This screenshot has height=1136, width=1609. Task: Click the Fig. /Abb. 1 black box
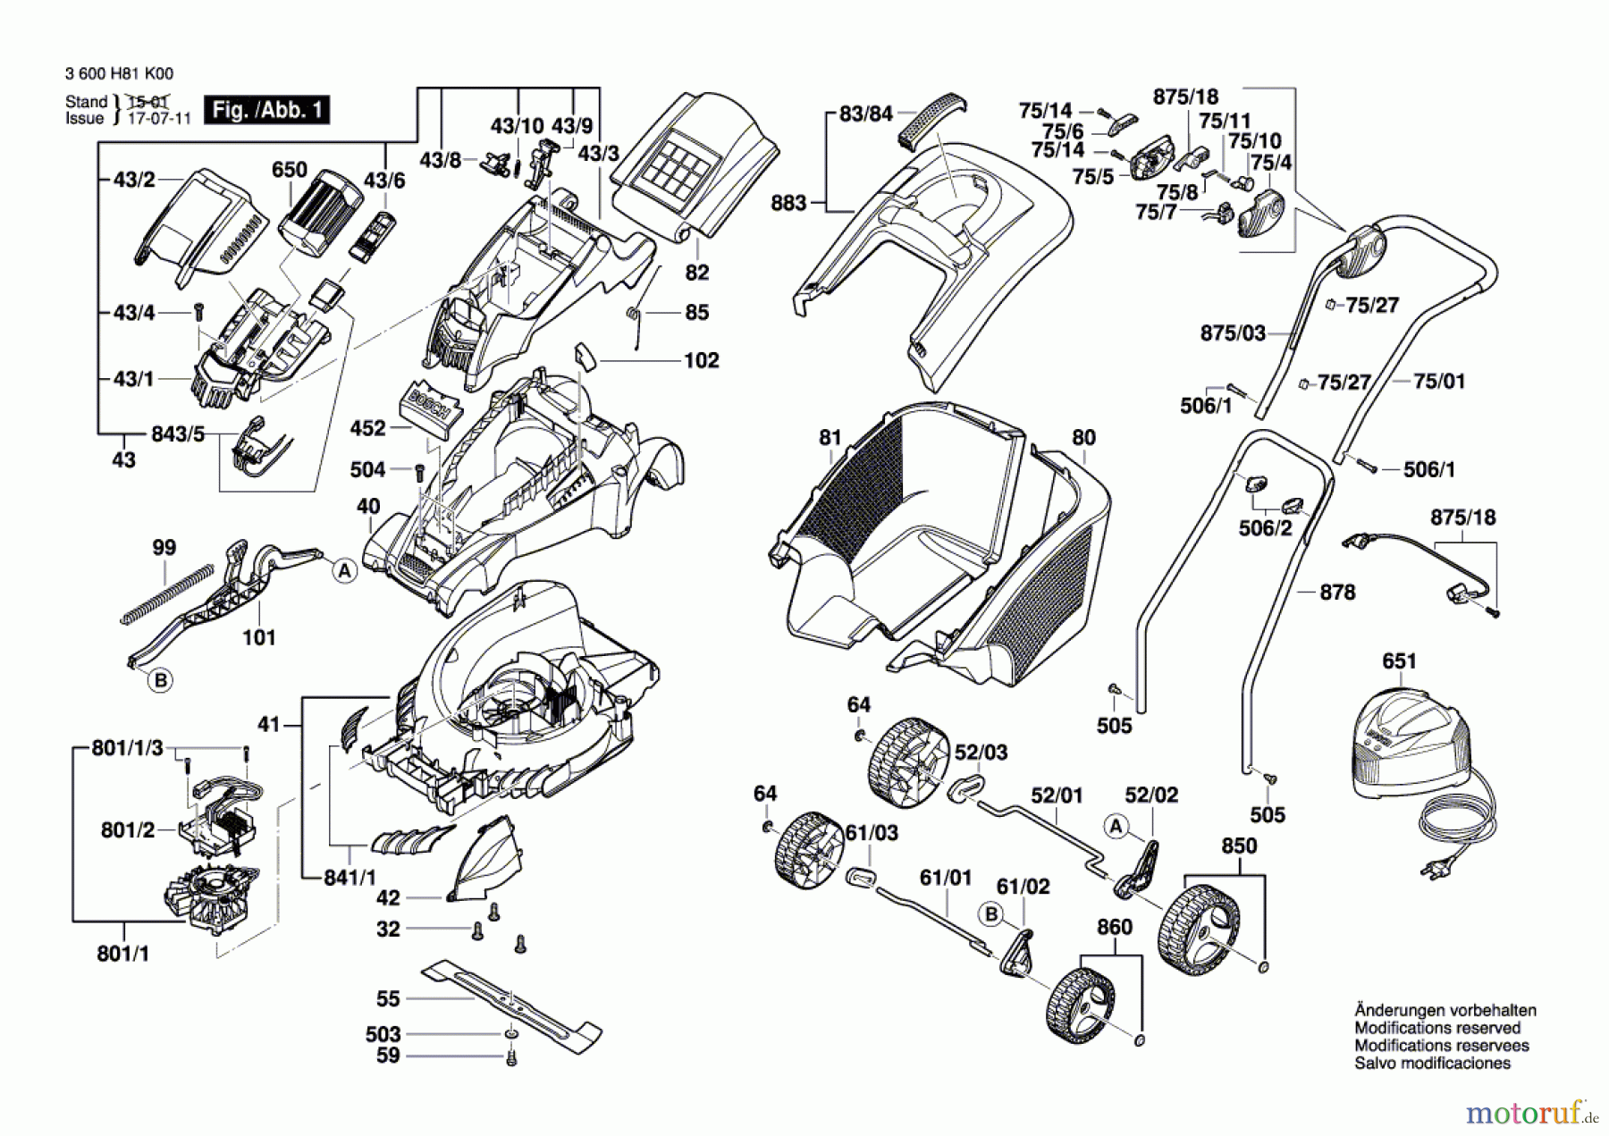pyautogui.click(x=266, y=110)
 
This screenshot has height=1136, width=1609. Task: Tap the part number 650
pyautogui.click(x=290, y=170)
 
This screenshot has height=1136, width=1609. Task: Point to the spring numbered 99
pyautogui.click(x=168, y=593)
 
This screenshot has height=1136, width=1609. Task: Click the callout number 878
pyautogui.click(x=1337, y=592)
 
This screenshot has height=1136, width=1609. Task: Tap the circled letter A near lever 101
pyautogui.click(x=345, y=570)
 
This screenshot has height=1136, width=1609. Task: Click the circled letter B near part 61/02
pyautogui.click(x=990, y=914)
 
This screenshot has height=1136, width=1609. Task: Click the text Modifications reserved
pyautogui.click(x=1436, y=1028)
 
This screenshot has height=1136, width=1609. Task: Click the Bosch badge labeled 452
pyautogui.click(x=432, y=409)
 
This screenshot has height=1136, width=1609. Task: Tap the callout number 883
pyautogui.click(x=788, y=203)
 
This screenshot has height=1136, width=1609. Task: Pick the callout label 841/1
pyautogui.click(x=350, y=878)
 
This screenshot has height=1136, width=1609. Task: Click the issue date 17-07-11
pyautogui.click(x=159, y=118)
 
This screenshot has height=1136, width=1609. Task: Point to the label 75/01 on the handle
pyautogui.click(x=1439, y=381)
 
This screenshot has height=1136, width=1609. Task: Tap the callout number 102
pyautogui.click(x=701, y=360)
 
